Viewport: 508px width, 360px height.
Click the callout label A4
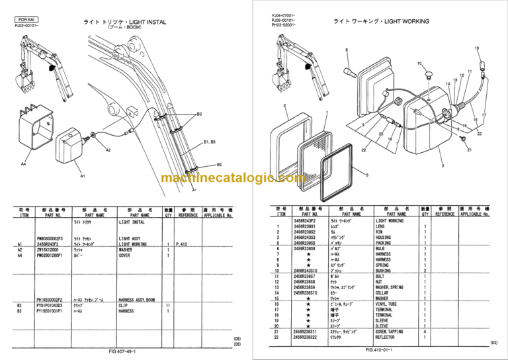click(23, 163)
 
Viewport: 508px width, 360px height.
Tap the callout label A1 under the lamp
click(82, 177)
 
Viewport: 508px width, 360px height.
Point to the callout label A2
click(108, 150)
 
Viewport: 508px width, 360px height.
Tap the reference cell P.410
click(183, 244)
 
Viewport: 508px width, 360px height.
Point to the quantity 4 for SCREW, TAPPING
click(424, 331)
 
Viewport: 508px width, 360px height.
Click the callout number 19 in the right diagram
click(476, 48)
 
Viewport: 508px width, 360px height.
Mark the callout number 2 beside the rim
click(284, 105)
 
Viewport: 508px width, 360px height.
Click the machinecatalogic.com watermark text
click(253, 179)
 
